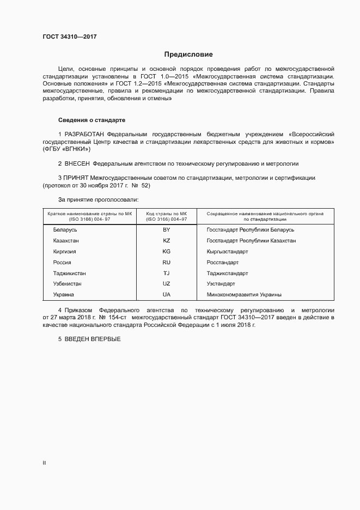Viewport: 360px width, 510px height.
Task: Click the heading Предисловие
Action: pyautogui.click(x=188, y=54)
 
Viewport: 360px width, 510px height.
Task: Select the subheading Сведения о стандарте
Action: pyautogui.click(x=92, y=119)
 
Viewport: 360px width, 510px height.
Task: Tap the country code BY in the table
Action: pyautogui.click(x=167, y=229)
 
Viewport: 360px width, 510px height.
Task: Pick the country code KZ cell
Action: pyautogui.click(x=167, y=240)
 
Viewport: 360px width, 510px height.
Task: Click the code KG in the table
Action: pyautogui.click(x=167, y=251)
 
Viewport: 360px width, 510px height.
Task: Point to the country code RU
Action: pyautogui.click(x=167, y=262)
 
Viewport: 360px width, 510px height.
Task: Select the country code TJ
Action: pyautogui.click(x=167, y=273)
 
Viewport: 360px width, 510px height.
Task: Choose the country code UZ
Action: pyautogui.click(x=167, y=284)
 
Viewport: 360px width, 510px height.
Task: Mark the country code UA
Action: pyautogui.click(x=167, y=295)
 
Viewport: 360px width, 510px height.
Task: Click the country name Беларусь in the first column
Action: pyautogui.click(x=65, y=229)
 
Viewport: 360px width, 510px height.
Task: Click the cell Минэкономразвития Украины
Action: pyautogui.click(x=244, y=295)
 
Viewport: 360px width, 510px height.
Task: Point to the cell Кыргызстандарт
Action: pyautogui.click(x=227, y=251)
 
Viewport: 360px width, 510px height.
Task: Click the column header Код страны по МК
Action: pyautogui.click(x=167, y=213)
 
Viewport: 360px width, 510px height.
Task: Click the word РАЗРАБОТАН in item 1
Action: pyautogui.click(x=84, y=134)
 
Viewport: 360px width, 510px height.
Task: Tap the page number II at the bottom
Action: pyautogui.click(x=44, y=463)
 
